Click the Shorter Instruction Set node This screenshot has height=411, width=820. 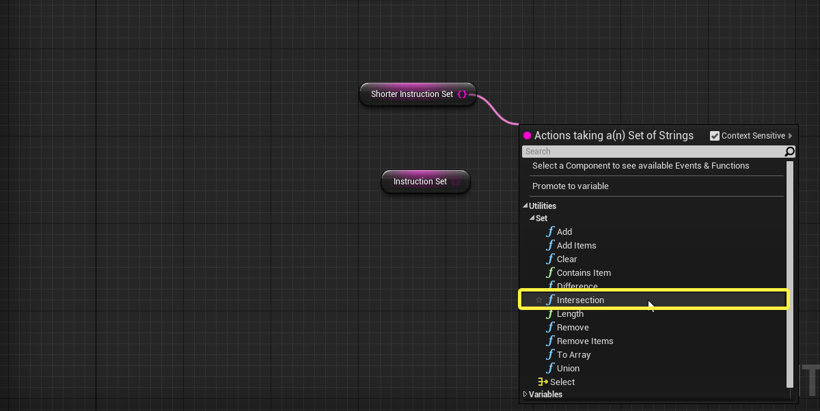coord(418,94)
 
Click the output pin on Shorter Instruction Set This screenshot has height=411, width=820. coord(463,94)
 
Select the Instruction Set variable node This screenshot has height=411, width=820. coord(426,182)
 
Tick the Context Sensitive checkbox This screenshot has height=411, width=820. coord(715,136)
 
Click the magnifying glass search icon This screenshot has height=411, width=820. coord(790,152)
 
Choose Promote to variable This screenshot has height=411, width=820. coord(571,186)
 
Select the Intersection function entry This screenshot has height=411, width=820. coord(580,300)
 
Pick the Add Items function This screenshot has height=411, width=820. coord(576,245)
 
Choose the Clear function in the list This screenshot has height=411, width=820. coord(566,259)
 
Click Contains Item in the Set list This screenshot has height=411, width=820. coord(584,273)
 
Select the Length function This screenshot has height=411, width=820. coord(570,314)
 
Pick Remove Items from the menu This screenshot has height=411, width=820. coord(585,341)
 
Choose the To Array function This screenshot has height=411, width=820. coord(573,355)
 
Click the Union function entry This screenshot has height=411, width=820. coord(568,368)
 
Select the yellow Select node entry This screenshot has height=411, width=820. coord(562,382)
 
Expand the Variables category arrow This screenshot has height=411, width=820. coord(525,394)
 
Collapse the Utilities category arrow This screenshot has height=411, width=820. coord(525,205)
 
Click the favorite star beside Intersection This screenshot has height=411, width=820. coord(539,300)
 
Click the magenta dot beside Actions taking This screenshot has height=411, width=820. coord(527,136)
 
